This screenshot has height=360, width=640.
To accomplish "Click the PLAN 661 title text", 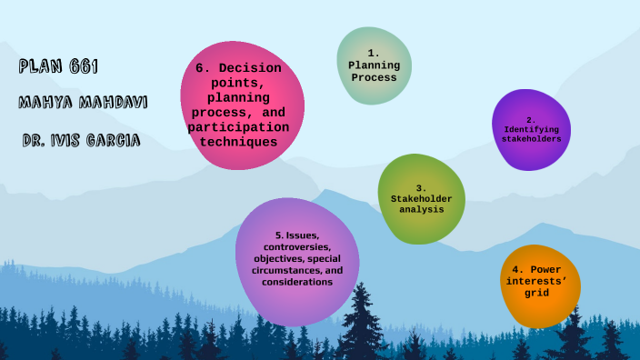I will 58,66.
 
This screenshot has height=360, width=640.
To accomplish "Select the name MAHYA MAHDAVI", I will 83,102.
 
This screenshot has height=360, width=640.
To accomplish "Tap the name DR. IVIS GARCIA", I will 81,141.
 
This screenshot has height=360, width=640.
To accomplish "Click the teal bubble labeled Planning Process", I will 374,65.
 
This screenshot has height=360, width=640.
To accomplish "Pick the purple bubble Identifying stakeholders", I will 531,130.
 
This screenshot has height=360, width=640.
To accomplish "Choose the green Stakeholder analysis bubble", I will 421,198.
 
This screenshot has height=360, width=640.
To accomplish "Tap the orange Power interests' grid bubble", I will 540,286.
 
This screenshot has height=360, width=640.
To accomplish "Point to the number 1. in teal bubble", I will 373,53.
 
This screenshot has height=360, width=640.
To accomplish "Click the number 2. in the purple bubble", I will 532,119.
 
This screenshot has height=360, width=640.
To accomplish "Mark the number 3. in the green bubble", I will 421,188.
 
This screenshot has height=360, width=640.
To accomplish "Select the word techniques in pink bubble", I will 238,142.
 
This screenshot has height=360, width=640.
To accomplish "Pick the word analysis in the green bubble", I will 421,209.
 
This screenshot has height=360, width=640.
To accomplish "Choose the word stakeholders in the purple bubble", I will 532,139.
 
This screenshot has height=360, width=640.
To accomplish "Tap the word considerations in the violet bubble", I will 297,283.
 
